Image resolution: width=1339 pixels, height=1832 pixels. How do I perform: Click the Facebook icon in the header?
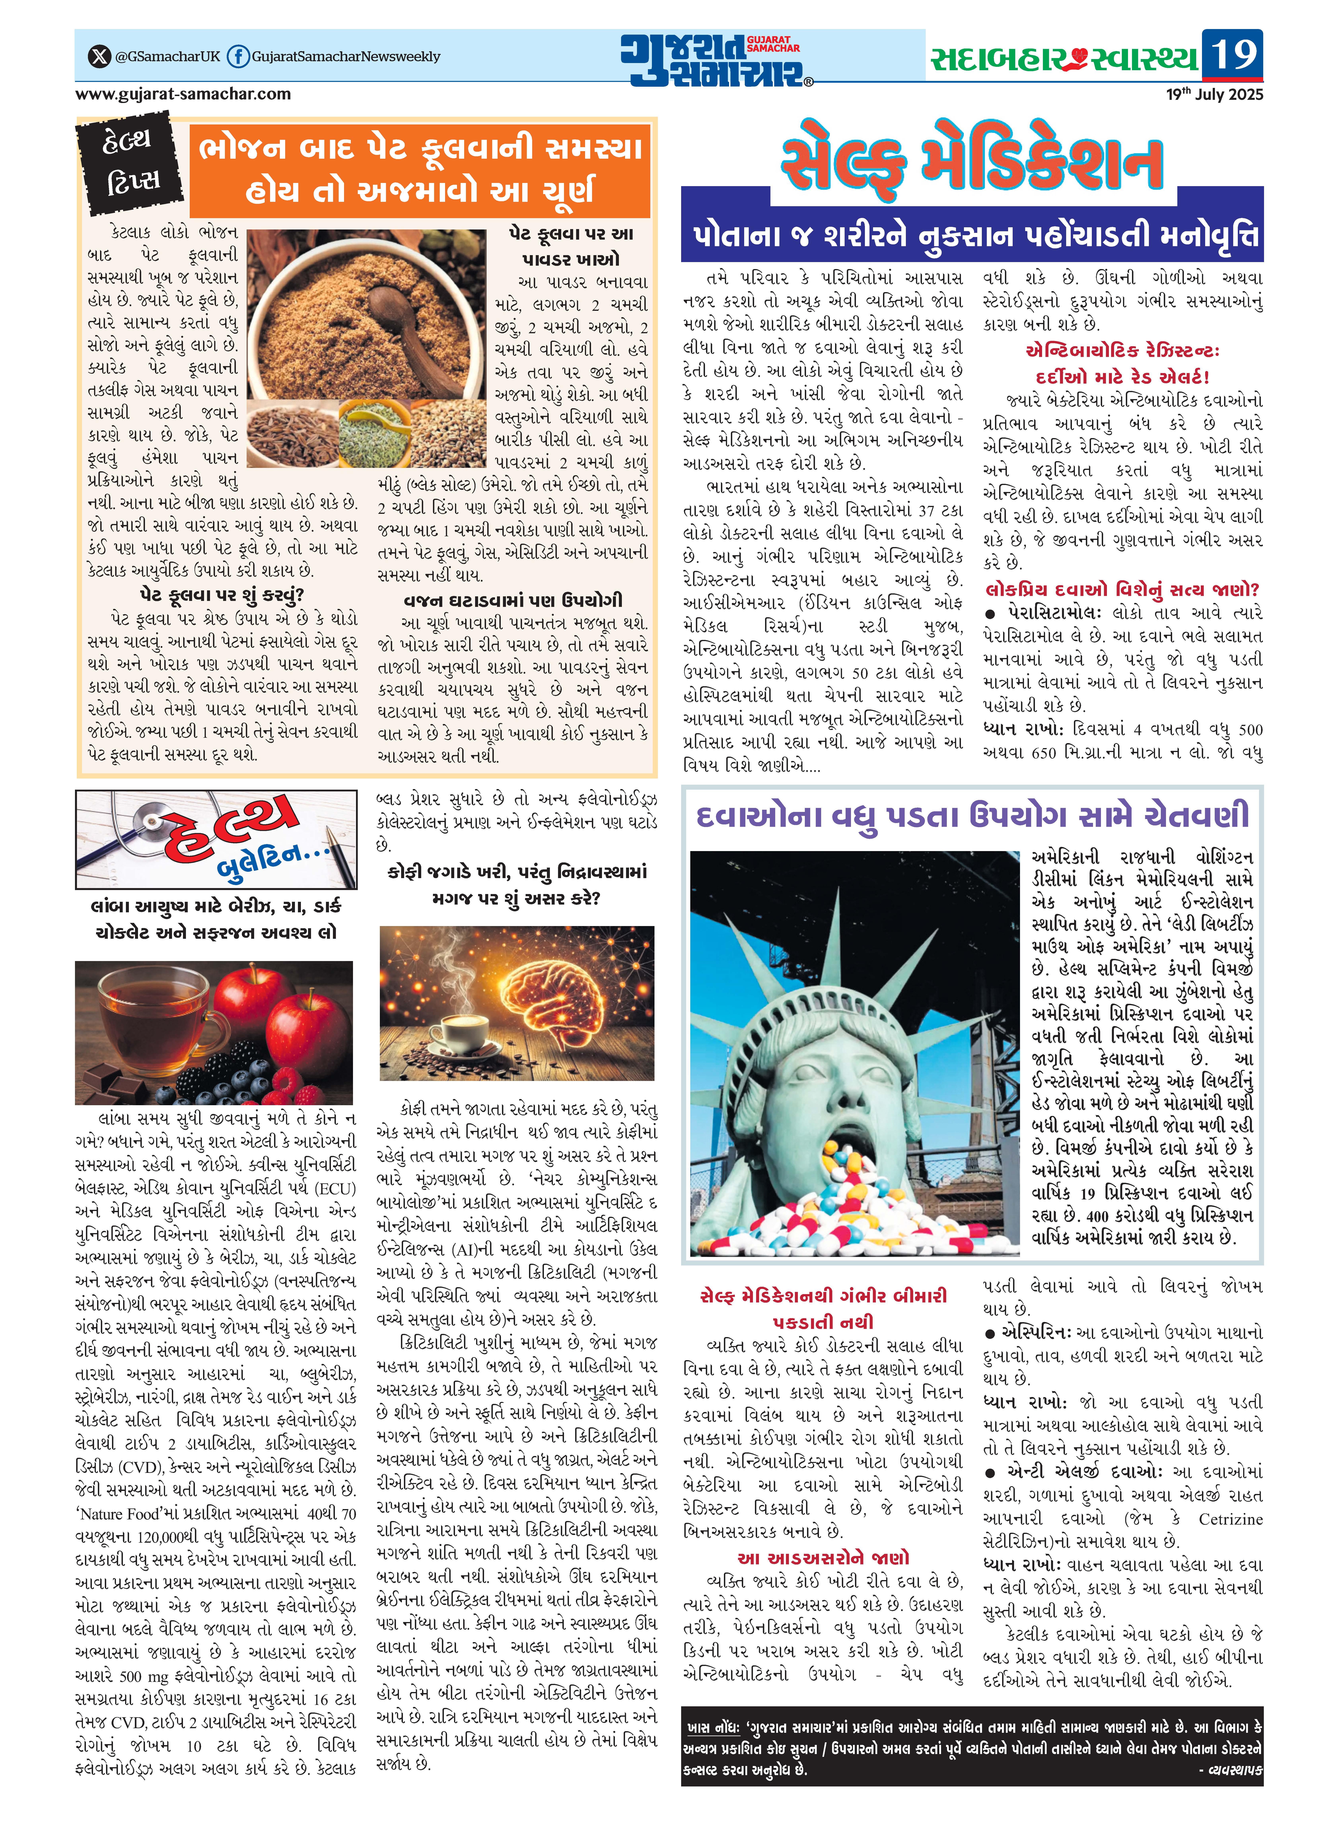pos(237,57)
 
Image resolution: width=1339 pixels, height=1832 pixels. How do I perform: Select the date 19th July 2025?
pos(1214,94)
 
